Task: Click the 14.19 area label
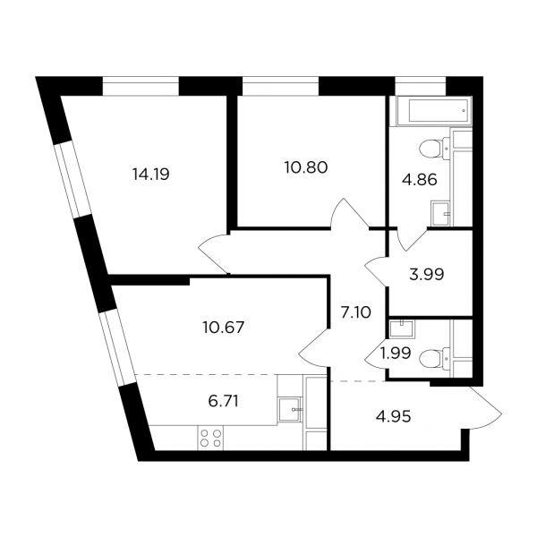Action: [150, 175]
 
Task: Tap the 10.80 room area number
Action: [306, 167]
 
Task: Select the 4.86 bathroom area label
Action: [420, 180]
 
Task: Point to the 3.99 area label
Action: [427, 275]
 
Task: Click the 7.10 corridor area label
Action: [356, 312]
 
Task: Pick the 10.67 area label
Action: [223, 328]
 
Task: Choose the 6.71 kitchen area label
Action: [223, 401]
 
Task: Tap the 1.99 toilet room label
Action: [396, 354]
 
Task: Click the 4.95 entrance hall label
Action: [394, 417]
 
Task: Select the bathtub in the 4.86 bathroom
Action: [434, 111]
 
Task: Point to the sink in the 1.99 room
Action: [402, 328]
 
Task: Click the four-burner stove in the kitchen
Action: [210, 438]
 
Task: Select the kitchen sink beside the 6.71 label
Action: [290, 409]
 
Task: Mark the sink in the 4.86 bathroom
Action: [440, 213]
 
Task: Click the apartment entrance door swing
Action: [483, 407]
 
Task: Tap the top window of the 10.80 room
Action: [281, 86]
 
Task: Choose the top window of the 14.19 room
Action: [141, 86]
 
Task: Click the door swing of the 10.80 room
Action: [350, 212]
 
